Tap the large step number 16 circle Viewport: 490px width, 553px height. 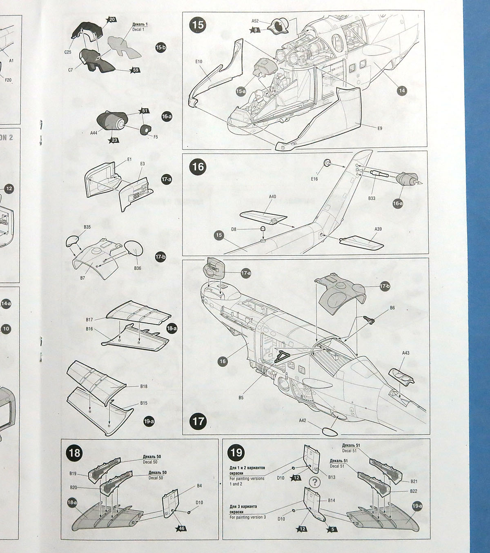(x=198, y=167)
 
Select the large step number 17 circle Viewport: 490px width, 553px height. (x=198, y=421)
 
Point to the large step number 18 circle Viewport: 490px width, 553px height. (x=75, y=453)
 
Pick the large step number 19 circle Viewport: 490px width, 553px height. (x=236, y=453)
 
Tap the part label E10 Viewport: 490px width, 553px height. (x=199, y=61)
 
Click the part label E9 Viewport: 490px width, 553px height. (x=379, y=128)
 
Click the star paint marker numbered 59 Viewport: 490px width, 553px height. (x=136, y=70)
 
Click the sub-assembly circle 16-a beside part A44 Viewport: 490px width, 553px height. (x=167, y=116)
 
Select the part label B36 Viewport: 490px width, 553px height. (x=137, y=268)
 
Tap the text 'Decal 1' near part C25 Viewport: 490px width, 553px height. (x=138, y=29)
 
